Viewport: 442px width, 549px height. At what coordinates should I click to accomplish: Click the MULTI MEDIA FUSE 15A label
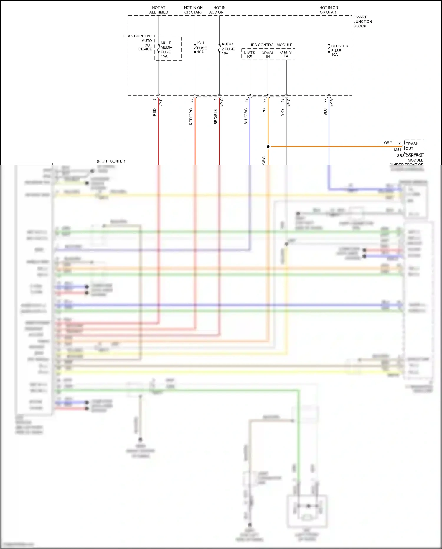pyautogui.click(x=166, y=49)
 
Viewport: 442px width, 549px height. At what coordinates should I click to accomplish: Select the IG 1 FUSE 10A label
pyautogui.click(x=202, y=47)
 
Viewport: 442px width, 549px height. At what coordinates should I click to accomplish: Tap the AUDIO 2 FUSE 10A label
pyautogui.click(x=228, y=49)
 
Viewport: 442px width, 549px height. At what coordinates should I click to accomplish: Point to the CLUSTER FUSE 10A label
pyautogui.click(x=339, y=50)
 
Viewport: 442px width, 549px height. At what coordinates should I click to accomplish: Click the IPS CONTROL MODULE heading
pyautogui.click(x=271, y=45)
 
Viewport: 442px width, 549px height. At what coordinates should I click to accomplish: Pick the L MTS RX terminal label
pyautogui.click(x=249, y=54)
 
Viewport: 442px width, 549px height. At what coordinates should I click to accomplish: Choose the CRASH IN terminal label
pyautogui.click(x=268, y=55)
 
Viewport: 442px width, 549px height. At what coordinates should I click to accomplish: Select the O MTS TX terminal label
pyautogui.click(x=286, y=54)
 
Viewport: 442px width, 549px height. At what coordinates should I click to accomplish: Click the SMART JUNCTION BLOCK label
pyautogui.click(x=362, y=22)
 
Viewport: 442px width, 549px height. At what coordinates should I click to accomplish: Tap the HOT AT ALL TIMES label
pyautogui.click(x=159, y=10)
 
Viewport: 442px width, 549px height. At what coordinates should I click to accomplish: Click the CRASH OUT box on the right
pyautogui.click(x=414, y=146)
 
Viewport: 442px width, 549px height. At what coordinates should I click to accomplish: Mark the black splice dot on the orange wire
pyautogui.click(x=268, y=146)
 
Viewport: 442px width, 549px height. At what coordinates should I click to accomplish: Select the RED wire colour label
pyautogui.click(x=154, y=112)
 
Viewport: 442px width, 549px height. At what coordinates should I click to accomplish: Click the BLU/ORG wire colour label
pyautogui.click(x=246, y=116)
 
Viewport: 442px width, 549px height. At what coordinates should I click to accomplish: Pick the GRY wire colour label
pyautogui.click(x=282, y=112)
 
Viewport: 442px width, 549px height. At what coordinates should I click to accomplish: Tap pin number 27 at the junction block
pyautogui.click(x=325, y=101)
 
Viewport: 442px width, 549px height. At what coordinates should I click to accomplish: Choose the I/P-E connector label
pyautogui.click(x=161, y=102)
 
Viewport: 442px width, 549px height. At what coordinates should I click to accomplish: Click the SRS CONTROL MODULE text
pyautogui.click(x=410, y=158)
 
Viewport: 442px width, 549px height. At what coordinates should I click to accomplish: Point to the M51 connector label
pyautogui.click(x=398, y=150)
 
